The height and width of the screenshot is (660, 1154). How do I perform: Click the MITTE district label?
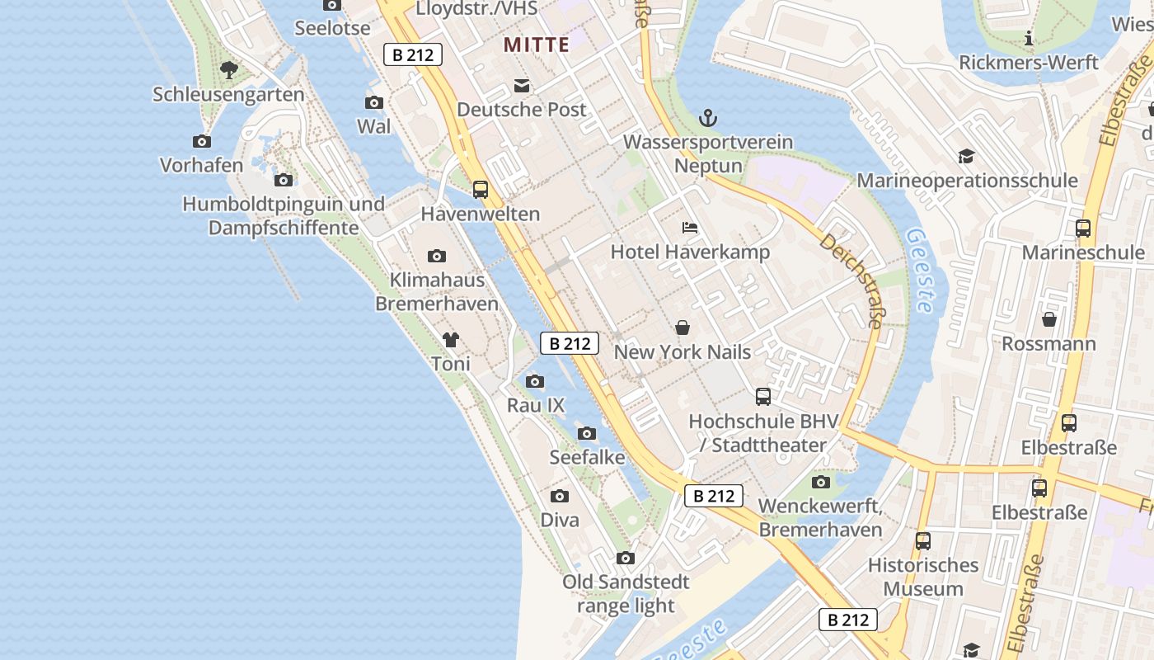[x=537, y=45]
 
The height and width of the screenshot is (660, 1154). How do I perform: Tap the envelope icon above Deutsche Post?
[x=522, y=86]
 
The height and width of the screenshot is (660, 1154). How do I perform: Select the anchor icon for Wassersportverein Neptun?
[x=707, y=118]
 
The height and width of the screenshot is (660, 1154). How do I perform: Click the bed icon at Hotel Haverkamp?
[x=689, y=228]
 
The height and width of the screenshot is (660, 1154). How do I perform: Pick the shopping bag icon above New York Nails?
[x=683, y=328]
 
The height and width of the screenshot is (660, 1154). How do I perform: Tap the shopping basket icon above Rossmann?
[x=1049, y=319]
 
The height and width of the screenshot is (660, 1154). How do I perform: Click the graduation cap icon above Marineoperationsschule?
[x=966, y=157]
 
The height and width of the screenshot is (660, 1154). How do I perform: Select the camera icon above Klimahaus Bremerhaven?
[x=437, y=256]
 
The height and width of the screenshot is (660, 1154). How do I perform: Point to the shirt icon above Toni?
[x=450, y=339]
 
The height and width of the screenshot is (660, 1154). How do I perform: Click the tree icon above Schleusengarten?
[x=229, y=70]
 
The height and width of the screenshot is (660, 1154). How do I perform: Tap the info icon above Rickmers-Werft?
[x=1029, y=38]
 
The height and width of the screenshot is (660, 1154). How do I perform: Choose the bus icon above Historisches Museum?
[x=923, y=541]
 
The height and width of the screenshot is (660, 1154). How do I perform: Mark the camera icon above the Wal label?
[x=374, y=102]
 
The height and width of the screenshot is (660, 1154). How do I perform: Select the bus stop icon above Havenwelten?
[x=481, y=190]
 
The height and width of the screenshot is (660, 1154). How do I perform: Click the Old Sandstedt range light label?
[x=626, y=594]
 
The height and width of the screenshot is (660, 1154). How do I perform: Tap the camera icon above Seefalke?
[x=587, y=433]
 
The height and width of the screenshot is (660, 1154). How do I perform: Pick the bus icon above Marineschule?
[x=1083, y=229]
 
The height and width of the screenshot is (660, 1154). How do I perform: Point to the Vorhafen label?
[x=202, y=165]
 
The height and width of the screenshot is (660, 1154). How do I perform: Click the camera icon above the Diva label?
[x=560, y=496]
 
